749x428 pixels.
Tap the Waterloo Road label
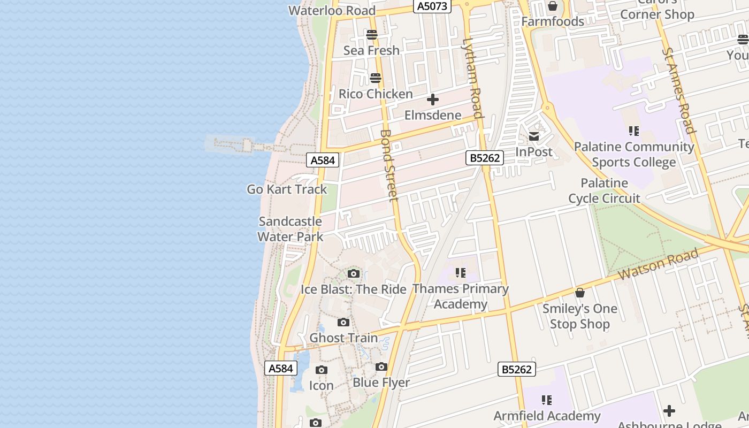332,10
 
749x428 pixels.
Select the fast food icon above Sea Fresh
372,35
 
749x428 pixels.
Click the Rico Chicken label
376,94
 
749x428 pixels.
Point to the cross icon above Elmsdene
433,100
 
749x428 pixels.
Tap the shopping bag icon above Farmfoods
553,6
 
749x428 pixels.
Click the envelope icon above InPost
534,136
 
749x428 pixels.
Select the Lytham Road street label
473,78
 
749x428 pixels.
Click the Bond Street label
389,165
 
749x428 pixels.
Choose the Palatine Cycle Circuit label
604,190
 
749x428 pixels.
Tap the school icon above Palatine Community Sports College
634,131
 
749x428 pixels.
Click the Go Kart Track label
287,189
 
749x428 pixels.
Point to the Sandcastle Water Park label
291,229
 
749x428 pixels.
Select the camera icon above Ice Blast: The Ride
353,274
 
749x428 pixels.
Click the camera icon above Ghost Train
343,323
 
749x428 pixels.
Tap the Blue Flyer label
381,383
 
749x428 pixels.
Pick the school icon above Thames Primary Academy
461,273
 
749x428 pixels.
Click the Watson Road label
659,264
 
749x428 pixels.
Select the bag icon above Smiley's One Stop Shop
580,293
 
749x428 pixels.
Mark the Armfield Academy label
547,416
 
